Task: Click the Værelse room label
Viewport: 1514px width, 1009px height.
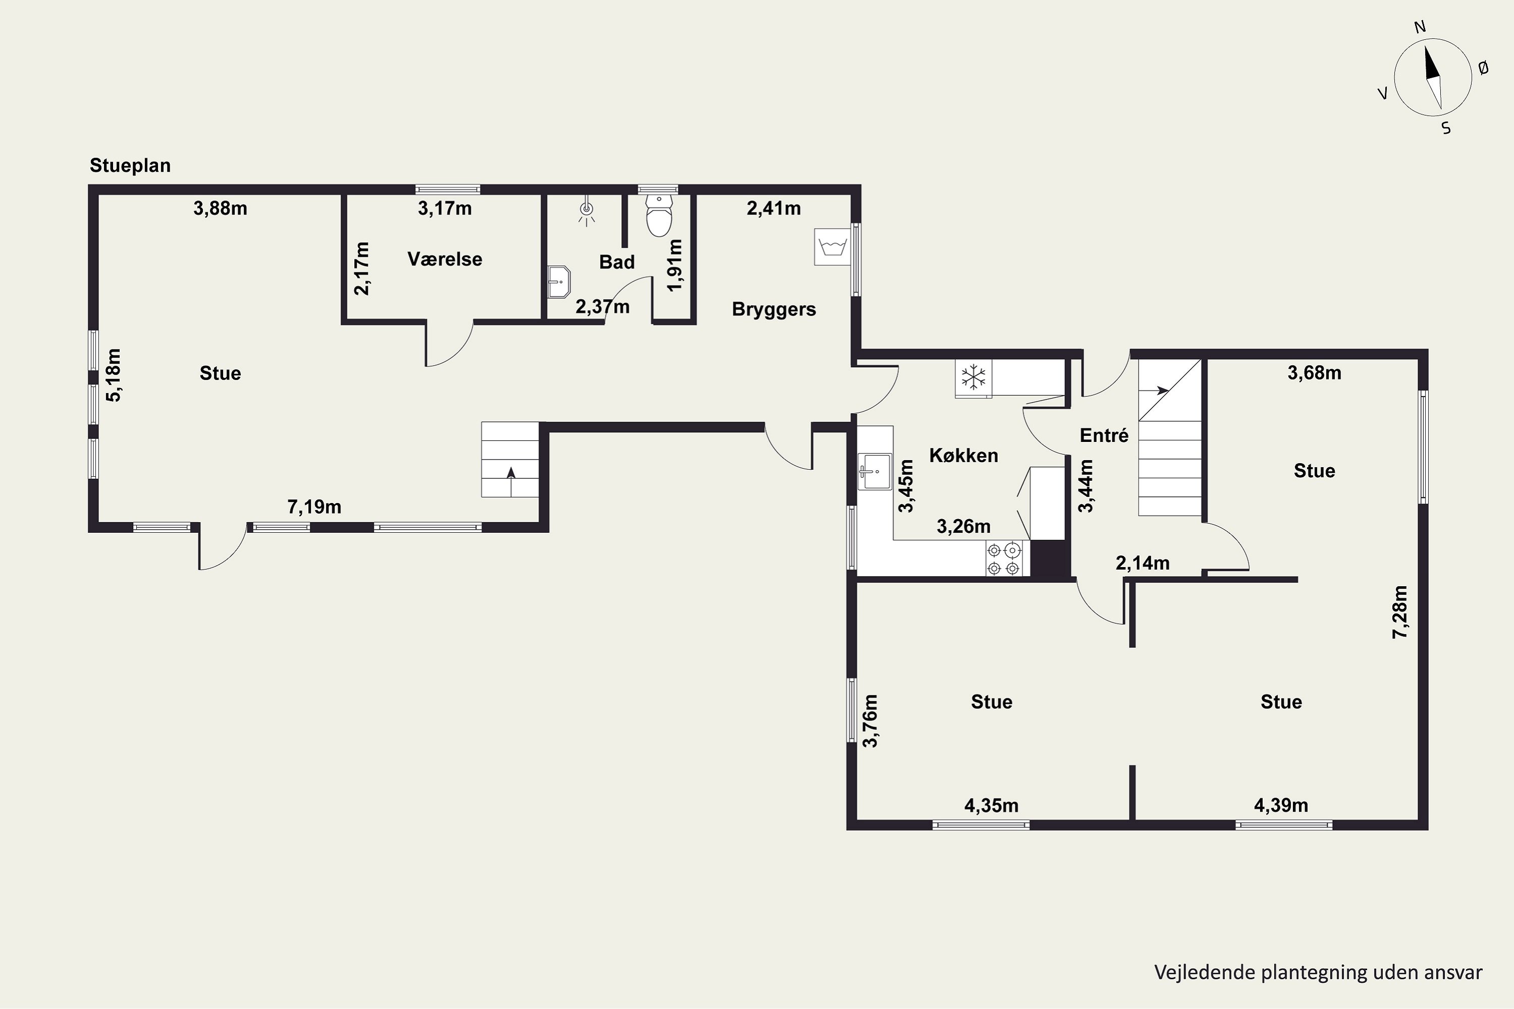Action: click(x=445, y=259)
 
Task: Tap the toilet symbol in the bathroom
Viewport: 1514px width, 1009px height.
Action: click(x=659, y=215)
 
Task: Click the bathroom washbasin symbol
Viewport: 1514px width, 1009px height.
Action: click(x=559, y=282)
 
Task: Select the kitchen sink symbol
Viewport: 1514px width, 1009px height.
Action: click(x=875, y=471)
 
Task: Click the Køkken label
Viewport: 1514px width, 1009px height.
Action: click(x=963, y=456)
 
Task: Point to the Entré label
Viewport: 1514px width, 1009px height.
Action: click(x=1104, y=436)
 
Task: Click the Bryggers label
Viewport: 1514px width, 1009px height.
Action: click(x=774, y=310)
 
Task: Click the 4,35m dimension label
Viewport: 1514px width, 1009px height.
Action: click(x=991, y=805)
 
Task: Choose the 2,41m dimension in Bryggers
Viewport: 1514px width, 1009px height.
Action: click(x=774, y=208)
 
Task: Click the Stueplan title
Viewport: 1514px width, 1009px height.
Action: click(x=130, y=165)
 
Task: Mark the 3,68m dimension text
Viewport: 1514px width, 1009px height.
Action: click(x=1315, y=373)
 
